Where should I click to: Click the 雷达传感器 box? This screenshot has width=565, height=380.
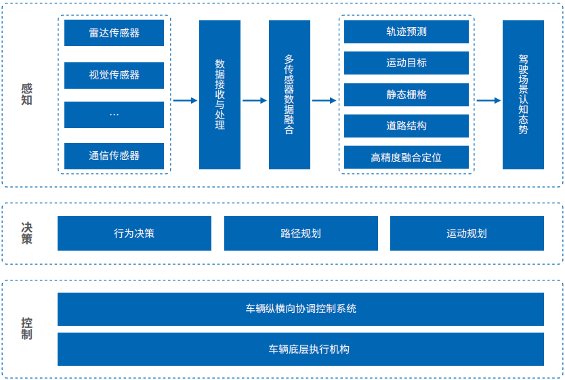click(x=114, y=33)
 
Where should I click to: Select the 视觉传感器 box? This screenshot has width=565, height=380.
click(x=114, y=75)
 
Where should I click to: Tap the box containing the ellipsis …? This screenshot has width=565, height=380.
click(x=114, y=114)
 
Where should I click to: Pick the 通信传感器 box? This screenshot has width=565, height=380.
click(x=114, y=156)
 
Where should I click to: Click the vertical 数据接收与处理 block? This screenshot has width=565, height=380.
click(x=219, y=95)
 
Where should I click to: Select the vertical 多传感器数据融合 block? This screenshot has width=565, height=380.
click(x=289, y=95)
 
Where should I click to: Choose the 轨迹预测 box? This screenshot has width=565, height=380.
click(x=406, y=32)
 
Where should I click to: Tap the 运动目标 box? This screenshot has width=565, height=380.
click(x=406, y=63)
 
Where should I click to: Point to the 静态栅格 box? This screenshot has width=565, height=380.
click(x=406, y=95)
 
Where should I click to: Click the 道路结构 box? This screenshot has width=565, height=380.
click(x=406, y=126)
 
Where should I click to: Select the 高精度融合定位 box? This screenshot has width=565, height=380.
click(x=406, y=157)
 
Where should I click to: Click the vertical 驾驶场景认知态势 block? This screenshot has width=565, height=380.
click(x=523, y=95)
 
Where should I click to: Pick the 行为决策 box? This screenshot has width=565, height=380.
click(x=134, y=234)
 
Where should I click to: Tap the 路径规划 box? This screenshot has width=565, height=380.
click(x=301, y=234)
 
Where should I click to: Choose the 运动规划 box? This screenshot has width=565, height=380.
click(x=467, y=234)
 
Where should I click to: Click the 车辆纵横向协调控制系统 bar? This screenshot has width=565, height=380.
click(x=301, y=309)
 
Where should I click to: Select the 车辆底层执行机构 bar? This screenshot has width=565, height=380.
click(x=301, y=350)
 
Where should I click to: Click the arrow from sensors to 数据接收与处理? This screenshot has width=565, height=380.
click(x=184, y=100)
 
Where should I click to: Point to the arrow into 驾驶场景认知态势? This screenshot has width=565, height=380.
click(x=488, y=100)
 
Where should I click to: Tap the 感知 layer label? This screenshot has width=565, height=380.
click(x=26, y=94)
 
